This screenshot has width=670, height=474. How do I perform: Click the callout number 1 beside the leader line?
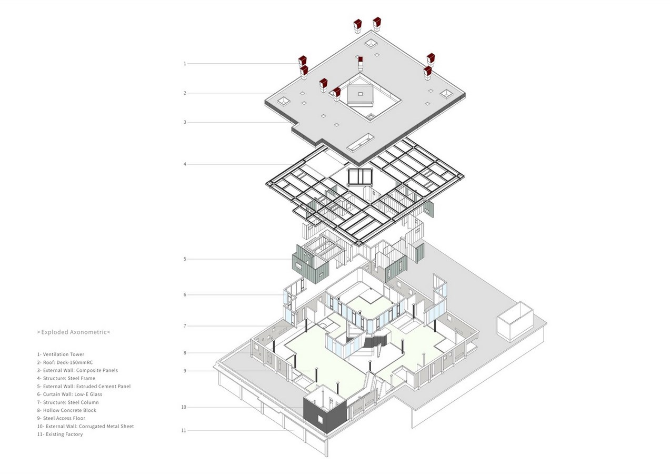tap(185, 64)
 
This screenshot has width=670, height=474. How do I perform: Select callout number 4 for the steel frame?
tap(185, 164)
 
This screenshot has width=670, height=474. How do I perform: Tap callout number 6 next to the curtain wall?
tap(185, 295)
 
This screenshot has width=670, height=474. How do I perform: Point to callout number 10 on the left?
tap(184, 407)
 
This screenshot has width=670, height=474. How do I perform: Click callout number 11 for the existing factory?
tap(184, 430)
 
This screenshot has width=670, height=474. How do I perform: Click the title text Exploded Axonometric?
tap(74, 332)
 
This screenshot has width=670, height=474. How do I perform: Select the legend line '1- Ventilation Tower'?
tap(61, 354)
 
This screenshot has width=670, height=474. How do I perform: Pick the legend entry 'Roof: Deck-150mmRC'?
tap(68, 362)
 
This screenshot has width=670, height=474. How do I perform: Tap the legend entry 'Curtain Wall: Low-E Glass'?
tap(73, 394)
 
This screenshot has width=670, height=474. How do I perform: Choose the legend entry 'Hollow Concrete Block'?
tap(69, 410)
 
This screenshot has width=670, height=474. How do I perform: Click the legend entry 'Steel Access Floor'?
tap(64, 418)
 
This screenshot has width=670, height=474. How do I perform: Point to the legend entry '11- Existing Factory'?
tap(60, 434)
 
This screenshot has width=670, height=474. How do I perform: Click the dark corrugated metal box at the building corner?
tap(325, 414)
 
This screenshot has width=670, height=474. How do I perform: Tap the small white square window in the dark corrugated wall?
tap(320, 419)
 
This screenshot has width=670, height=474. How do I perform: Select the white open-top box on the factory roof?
tap(515, 321)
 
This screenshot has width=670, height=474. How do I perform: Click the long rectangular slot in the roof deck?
tap(361, 143)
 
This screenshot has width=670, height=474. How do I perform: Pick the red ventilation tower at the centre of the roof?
tap(361, 63)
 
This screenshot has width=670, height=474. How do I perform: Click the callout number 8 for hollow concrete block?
tap(185, 353)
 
